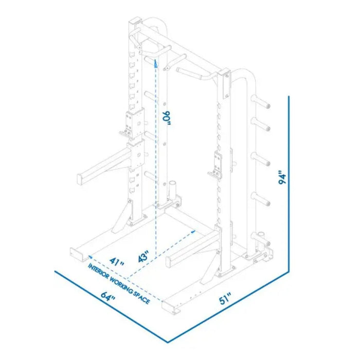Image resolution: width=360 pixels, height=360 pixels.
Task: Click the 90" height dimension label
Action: click(166, 119)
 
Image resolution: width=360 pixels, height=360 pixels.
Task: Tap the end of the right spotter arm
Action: click(170, 262)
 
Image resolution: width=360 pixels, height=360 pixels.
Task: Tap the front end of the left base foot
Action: click(76, 253)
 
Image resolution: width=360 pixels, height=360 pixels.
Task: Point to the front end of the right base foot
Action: click(172, 307)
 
